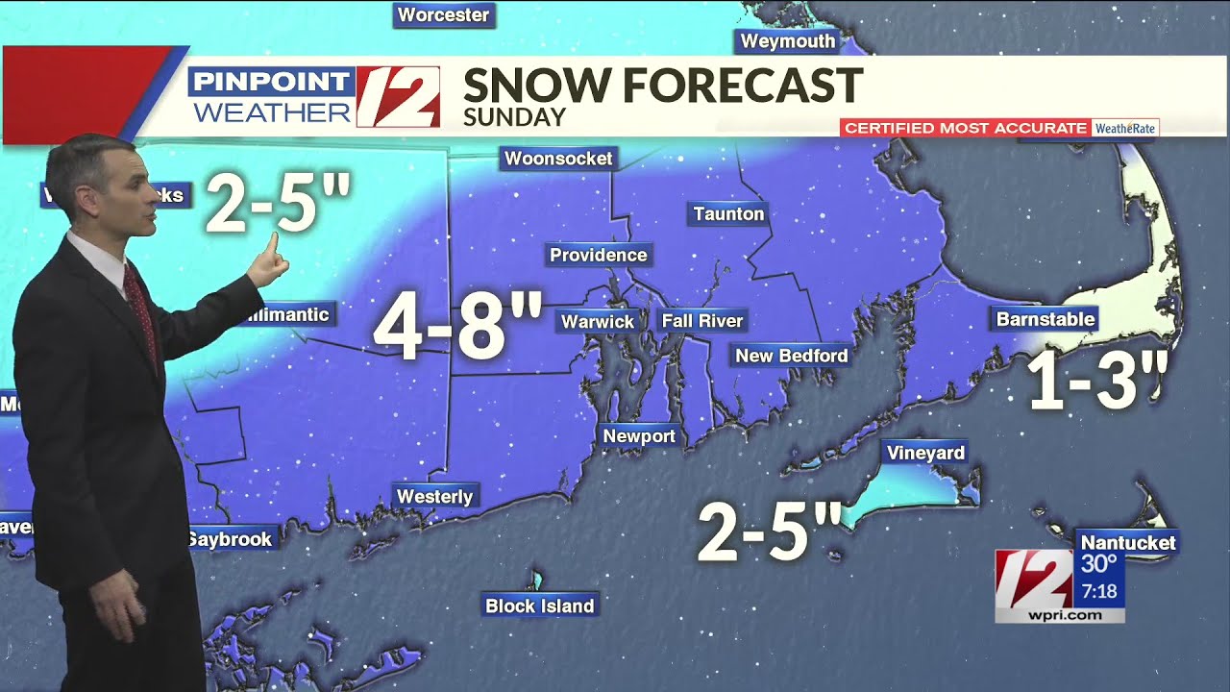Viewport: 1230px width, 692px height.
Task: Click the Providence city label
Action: pos(599,255)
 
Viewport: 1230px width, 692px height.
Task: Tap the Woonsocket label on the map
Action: pos(558,159)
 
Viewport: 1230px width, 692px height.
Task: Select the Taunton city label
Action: pos(728,213)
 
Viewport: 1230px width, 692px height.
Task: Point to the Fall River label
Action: pos(702,320)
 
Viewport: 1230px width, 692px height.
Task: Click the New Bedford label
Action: pos(791,356)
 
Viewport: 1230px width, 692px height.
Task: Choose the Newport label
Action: pos(639,436)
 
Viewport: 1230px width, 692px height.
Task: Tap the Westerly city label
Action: pos(435,496)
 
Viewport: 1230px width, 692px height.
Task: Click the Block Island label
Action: pos(539,605)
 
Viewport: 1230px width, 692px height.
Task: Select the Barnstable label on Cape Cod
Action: pos(1045,319)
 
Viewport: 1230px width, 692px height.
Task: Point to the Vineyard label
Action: pos(925,453)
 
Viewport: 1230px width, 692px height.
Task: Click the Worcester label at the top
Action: pos(443,15)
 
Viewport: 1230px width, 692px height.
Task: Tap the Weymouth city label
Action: pos(787,41)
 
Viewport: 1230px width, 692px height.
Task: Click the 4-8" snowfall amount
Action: pos(457,327)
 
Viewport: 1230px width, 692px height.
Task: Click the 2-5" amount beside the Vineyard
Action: pos(769,531)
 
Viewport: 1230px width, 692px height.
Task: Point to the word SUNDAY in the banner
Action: pos(514,117)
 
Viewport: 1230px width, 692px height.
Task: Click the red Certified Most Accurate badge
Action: pos(965,128)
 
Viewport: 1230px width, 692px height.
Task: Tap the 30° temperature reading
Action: pos(1099,564)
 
